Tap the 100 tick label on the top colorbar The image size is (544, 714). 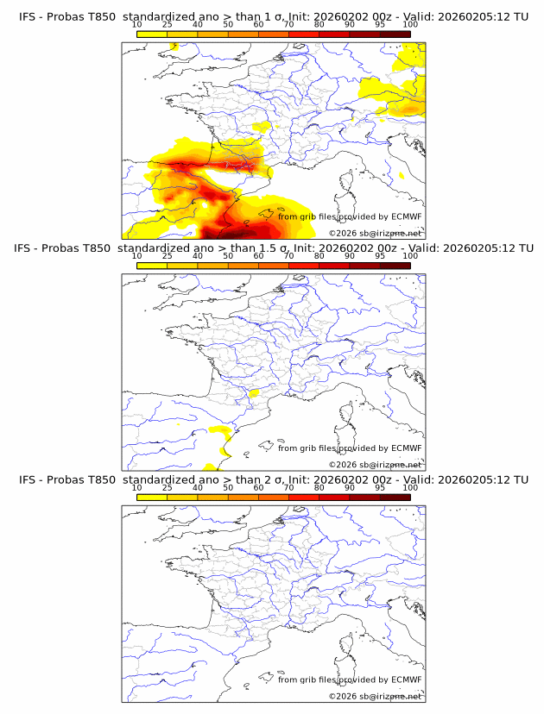pos(410,25)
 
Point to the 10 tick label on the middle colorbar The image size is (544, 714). pos(137,256)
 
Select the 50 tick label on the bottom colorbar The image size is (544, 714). pos(228,487)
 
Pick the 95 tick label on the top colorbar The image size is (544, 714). pos(380,25)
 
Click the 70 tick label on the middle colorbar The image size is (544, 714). pos(288,256)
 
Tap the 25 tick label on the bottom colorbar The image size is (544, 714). pos(168,487)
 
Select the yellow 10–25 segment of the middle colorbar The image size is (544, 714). pos(152,265)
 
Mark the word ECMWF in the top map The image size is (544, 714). pos(406,216)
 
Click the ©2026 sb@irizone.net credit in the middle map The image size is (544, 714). pos(375,464)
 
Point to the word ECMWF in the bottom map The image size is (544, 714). pos(406,680)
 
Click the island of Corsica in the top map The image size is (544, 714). pos(347,182)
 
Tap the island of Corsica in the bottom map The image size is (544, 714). pos(347,645)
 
